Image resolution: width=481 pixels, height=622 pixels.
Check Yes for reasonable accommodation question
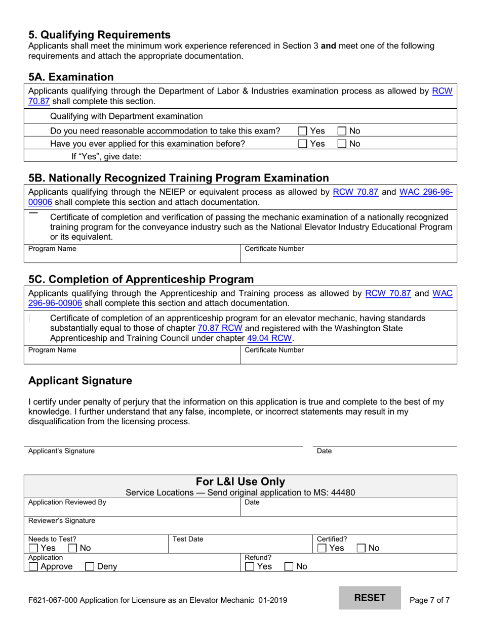click(303, 131)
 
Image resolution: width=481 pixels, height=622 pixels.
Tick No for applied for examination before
click(342, 144)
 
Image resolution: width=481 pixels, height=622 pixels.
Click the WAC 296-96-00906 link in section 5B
click(425, 192)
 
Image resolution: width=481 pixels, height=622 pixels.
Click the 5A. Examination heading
click(71, 77)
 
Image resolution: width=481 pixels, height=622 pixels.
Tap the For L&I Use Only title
click(240, 481)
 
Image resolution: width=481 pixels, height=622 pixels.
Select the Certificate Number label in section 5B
click(274, 249)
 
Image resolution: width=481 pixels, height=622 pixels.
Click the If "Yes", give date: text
click(106, 156)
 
